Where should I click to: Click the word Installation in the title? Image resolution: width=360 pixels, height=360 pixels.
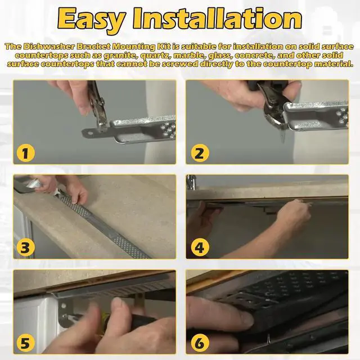pos(217,18)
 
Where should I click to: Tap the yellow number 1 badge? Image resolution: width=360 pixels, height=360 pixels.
pos(26,153)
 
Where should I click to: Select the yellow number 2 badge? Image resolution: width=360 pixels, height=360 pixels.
pos(200,153)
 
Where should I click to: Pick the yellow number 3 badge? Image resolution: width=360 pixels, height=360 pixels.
pos(26,247)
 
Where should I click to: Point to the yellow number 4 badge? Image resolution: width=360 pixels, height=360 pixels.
pos(200,247)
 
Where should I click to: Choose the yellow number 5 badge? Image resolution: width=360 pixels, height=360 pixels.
pos(26,343)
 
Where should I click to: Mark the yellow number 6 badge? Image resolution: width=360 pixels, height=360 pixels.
pos(200,343)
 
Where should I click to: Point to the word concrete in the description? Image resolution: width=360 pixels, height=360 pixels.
pos(255,55)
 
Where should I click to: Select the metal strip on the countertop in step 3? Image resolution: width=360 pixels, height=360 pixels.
pos(101,225)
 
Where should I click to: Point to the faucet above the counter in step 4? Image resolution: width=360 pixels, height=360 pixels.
pos(192,182)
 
